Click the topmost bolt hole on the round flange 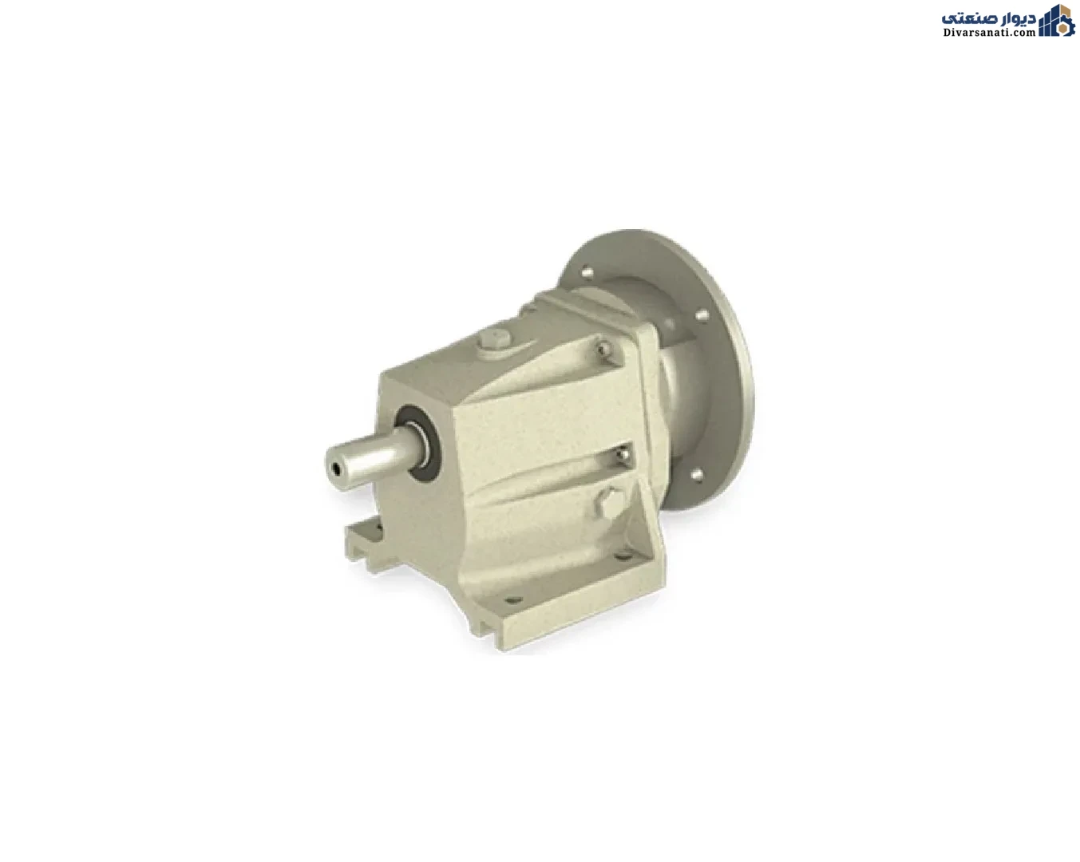[587, 273]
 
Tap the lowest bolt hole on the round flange [697, 474]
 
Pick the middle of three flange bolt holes [702, 315]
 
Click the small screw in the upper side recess [603, 346]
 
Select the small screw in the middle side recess [623, 453]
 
